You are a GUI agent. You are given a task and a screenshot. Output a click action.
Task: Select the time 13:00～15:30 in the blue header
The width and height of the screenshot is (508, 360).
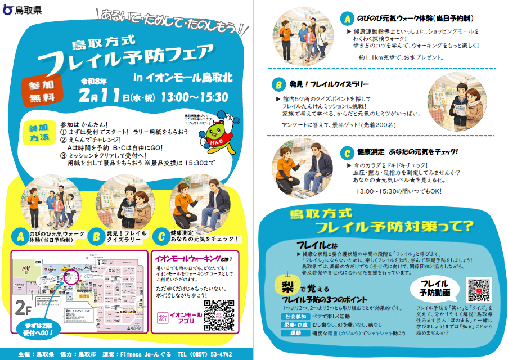tap(194, 97)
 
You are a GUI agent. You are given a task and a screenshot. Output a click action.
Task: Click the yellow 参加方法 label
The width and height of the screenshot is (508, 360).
tap(39, 133)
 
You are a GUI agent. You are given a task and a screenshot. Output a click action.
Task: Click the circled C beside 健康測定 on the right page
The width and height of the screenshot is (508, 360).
tap(347, 152)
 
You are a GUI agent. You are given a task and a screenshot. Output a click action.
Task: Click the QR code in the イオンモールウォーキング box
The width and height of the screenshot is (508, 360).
tap(219, 316)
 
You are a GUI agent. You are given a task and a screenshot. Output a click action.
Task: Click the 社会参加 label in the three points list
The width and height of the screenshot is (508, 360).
tap(296, 317)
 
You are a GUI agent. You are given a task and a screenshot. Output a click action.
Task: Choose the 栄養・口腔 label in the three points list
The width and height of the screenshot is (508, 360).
tap(296, 325)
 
